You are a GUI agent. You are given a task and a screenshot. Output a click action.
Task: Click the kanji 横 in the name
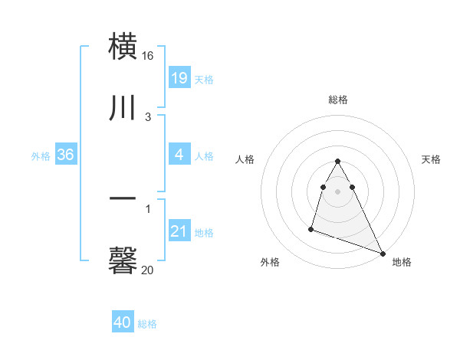(x=123, y=46)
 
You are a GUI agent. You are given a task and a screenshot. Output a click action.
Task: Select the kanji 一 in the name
(x=123, y=198)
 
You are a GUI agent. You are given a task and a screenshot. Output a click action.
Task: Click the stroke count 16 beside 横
(x=148, y=57)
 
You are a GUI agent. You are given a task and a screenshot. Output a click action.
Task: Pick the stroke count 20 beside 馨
(x=148, y=270)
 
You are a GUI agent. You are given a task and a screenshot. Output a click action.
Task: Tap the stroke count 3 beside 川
(x=148, y=117)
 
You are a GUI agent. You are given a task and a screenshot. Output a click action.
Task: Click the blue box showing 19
(x=179, y=77)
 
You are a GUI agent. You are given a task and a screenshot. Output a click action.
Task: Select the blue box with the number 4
(x=179, y=155)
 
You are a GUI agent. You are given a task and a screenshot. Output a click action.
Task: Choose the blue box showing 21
(x=179, y=231)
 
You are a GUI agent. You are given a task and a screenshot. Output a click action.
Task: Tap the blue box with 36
(x=66, y=155)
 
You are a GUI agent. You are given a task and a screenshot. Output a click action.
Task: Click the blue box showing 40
(x=123, y=322)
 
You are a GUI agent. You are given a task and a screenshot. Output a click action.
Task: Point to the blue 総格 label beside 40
(x=147, y=324)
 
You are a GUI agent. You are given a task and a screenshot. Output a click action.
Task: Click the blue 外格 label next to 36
(x=41, y=156)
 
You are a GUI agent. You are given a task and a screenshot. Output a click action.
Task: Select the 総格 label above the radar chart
(x=337, y=100)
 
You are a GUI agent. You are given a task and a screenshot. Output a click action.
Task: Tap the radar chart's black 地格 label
(x=402, y=263)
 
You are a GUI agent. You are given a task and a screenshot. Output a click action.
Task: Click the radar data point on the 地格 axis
(x=383, y=254)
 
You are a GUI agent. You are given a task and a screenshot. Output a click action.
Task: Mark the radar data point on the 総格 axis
(x=337, y=162)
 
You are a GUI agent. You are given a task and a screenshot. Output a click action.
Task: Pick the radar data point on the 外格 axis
(x=311, y=228)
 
